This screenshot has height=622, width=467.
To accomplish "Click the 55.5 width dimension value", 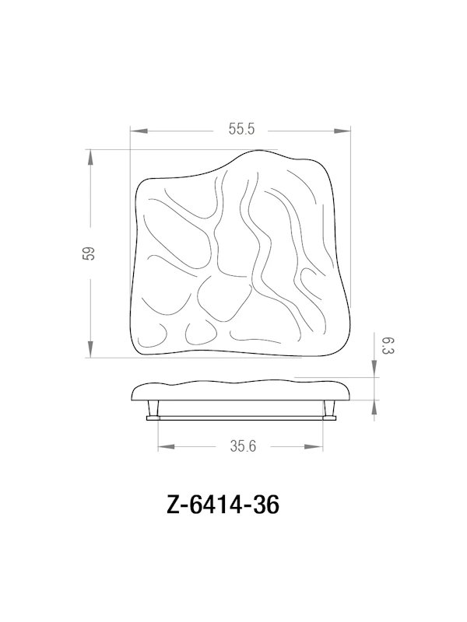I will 241,131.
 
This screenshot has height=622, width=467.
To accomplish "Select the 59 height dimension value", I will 90,253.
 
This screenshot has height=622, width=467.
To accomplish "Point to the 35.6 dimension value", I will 243,447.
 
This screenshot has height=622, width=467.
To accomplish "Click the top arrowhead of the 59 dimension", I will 91,157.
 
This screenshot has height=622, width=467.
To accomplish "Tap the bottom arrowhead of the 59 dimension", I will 91,351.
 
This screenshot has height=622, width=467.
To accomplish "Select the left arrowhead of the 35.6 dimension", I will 165,446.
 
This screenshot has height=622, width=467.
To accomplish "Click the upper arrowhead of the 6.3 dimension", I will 376,372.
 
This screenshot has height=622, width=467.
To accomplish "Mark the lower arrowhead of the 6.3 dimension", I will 376,406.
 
